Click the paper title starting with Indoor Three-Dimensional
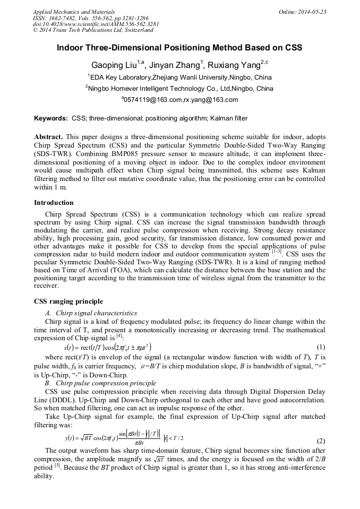[179, 48]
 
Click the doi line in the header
[96, 24]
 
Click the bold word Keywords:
[51, 118]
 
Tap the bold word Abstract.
[48, 137]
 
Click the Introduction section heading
[54, 202]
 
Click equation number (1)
[321, 347]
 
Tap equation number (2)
[321, 441]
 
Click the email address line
[179, 99]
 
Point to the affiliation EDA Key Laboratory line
[179, 77]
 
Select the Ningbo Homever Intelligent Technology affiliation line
[179, 88]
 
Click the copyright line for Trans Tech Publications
[92, 31]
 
